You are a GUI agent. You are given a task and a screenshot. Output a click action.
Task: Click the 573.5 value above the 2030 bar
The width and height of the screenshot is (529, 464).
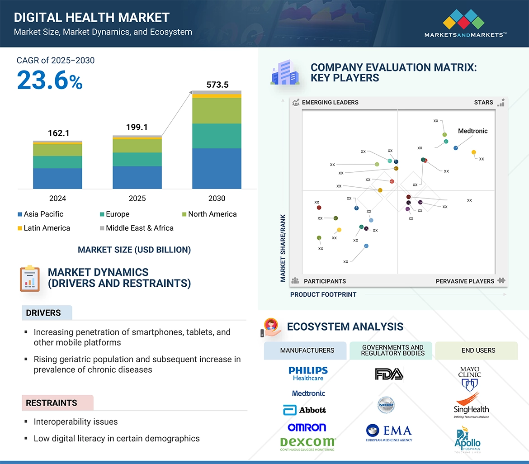[217, 85]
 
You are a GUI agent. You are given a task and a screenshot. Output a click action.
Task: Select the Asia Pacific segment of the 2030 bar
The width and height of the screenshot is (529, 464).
[217, 168]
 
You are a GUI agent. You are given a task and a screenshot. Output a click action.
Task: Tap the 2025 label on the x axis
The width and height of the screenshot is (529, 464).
[137, 199]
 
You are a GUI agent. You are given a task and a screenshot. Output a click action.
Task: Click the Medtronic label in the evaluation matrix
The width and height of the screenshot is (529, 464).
[472, 131]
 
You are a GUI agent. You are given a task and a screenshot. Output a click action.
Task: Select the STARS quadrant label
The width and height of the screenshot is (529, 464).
[483, 103]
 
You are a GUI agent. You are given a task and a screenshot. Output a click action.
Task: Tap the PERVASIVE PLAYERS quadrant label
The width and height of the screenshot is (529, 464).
[465, 281]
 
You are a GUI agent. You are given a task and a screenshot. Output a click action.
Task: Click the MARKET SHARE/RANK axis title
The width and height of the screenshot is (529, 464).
[283, 248]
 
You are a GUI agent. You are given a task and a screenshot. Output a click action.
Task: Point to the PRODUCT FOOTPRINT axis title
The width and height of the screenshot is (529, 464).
[323, 295]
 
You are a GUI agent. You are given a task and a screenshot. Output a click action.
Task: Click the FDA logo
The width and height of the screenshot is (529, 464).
[389, 374]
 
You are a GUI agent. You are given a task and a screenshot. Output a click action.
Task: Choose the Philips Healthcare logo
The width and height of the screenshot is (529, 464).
[308, 374]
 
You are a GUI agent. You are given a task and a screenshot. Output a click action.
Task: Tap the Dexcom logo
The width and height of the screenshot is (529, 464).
[307, 443]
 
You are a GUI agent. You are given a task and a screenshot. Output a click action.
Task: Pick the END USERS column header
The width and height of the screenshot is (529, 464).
[478, 350]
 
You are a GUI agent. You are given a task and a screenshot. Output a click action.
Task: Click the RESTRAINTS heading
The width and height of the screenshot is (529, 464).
[52, 403]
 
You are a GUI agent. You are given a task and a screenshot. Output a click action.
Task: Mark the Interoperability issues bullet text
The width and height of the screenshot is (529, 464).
[76, 422]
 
